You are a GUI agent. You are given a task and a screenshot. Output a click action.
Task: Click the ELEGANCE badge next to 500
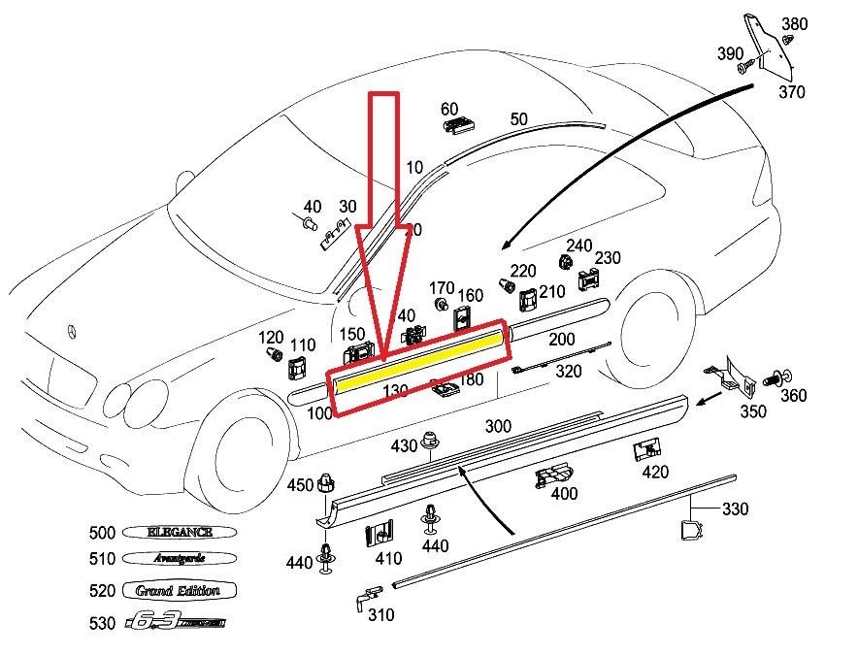pyautogui.click(x=178, y=533)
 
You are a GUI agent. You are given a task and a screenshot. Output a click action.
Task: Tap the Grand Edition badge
pyautogui.click(x=179, y=591)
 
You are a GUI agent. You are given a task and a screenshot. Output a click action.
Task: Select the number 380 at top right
pyautogui.click(x=794, y=24)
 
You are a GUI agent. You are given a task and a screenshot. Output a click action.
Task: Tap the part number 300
pyautogui.click(x=498, y=426)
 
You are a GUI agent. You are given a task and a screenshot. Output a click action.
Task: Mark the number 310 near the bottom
pyautogui.click(x=380, y=615)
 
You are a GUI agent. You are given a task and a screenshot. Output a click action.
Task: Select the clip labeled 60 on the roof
pyautogui.click(x=457, y=125)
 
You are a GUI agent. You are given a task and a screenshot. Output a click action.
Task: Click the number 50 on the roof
pyautogui.click(x=519, y=119)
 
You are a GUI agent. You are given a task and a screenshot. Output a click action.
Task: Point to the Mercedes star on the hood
pyautogui.click(x=72, y=332)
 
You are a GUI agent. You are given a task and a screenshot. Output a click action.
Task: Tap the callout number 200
pyautogui.click(x=562, y=339)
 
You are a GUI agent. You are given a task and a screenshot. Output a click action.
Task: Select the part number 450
pyautogui.click(x=301, y=485)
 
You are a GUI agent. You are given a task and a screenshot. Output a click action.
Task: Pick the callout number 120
pyautogui.click(x=271, y=337)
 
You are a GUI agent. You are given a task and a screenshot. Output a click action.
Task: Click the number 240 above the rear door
pyautogui.click(x=579, y=246)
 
